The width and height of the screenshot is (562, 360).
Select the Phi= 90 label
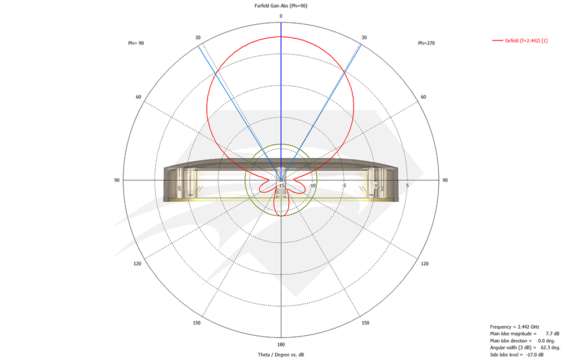pyautogui.click(x=136, y=43)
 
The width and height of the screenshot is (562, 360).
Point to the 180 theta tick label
pyautogui.click(x=281, y=344)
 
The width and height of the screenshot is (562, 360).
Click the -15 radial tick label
pyautogui.click(x=281, y=186)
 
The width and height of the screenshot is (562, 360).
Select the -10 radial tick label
pyautogui.click(x=312, y=186)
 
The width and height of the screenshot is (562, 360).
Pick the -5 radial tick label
pyautogui.click(x=344, y=186)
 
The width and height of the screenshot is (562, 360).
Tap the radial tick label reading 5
pyautogui.click(x=407, y=186)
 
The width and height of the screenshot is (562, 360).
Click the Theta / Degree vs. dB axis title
pyautogui.click(x=281, y=355)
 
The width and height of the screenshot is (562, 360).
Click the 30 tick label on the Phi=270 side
pyautogui.click(x=364, y=38)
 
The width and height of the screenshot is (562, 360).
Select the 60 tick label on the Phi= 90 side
pyautogui.click(x=138, y=97)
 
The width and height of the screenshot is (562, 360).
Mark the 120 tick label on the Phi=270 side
pyautogui.click(x=425, y=263)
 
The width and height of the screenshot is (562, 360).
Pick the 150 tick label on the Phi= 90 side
pyautogui.click(x=197, y=323)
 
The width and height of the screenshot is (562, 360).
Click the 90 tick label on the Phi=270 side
pyautogui.click(x=445, y=180)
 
